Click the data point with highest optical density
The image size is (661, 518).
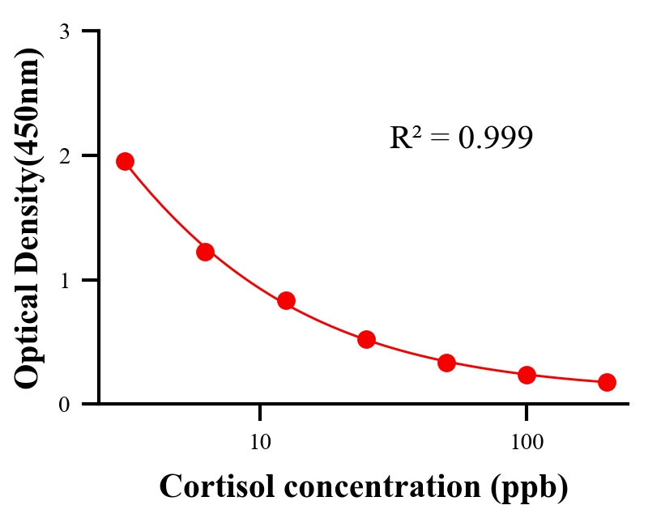(125, 161)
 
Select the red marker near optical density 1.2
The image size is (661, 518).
(205, 252)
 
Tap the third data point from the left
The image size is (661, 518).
(286, 301)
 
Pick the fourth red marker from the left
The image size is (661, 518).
(366, 339)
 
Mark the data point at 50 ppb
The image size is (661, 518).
(446, 363)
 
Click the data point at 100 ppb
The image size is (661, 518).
(527, 375)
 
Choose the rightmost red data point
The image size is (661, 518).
(607, 382)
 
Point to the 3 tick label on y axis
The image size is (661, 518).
(64, 32)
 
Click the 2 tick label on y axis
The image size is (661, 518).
(64, 155)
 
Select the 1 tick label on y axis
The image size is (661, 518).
(64, 280)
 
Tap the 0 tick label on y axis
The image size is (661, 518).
(64, 404)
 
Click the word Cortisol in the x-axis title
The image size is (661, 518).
(210, 486)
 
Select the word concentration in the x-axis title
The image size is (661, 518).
(375, 486)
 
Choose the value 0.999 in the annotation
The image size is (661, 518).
(495, 138)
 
